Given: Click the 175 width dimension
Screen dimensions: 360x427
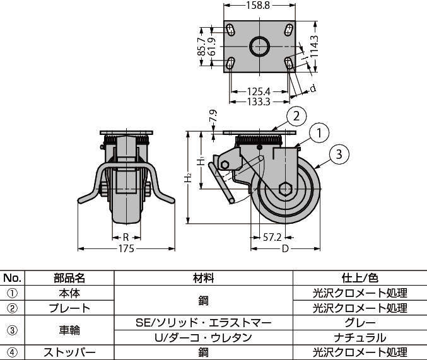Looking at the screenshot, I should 126,248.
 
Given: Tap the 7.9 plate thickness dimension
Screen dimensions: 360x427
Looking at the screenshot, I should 213,118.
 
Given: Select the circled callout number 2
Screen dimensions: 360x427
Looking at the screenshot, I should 296,115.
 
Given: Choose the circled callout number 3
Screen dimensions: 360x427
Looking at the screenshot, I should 339,153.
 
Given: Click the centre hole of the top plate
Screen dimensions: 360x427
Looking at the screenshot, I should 259,46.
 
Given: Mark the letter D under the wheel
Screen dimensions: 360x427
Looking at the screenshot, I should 284,248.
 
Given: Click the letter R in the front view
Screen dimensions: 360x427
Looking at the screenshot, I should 126,238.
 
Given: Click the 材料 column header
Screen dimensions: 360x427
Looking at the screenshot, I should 204,278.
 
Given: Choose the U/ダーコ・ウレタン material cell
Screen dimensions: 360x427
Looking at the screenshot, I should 204,338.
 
